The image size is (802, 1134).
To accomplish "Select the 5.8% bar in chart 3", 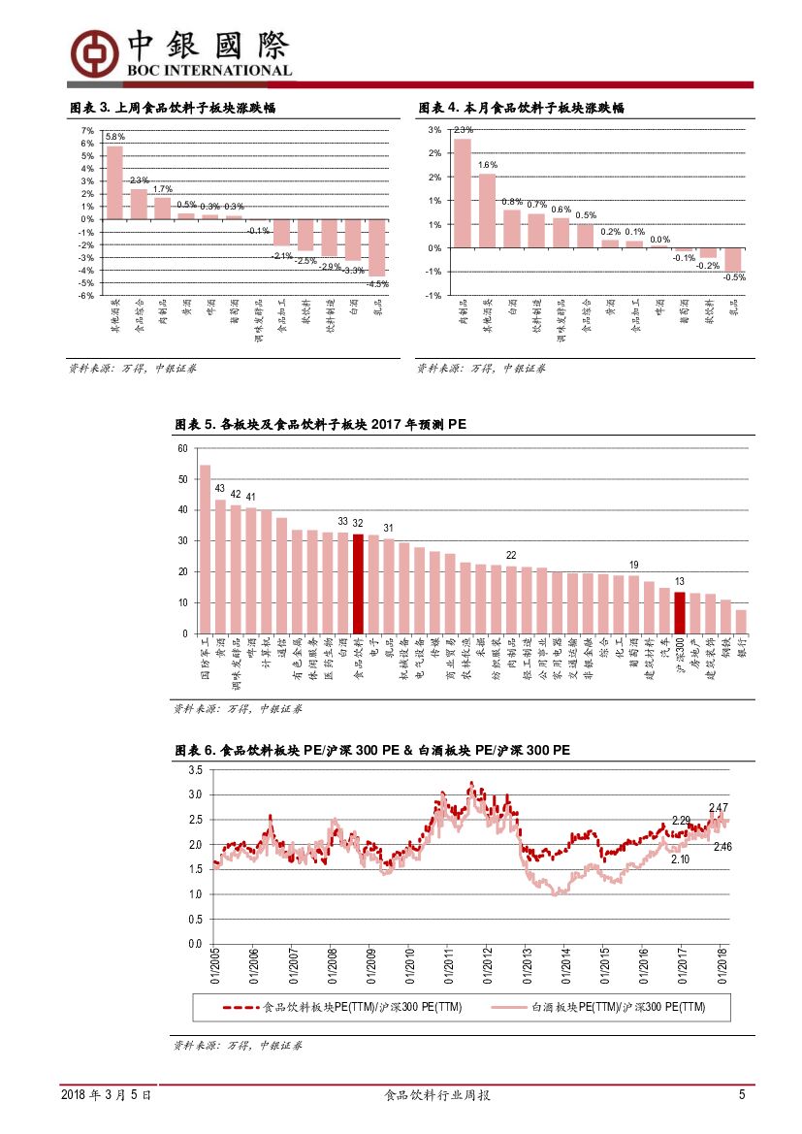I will click(114, 182).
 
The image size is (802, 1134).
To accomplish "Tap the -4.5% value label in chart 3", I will click(377, 284).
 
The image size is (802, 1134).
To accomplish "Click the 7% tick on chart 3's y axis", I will click(87, 131).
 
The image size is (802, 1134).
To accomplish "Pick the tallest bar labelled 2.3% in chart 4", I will click(463, 193).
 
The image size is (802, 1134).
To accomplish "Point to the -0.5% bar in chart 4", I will click(734, 259).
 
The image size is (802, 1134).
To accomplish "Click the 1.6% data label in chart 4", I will click(487, 165).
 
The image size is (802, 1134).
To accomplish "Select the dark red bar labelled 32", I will click(358, 583).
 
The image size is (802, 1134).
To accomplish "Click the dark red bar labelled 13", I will click(680, 612).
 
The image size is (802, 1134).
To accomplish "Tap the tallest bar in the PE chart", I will click(205, 549).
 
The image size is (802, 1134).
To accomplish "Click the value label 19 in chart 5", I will click(633, 565).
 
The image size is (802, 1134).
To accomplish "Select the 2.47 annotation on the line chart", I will click(719, 807).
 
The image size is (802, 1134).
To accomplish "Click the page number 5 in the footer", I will click(742, 1094).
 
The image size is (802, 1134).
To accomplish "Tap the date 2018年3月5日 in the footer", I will click(106, 1094).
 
